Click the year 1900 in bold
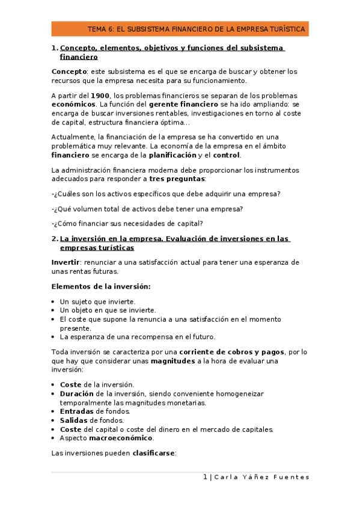tap(100, 96)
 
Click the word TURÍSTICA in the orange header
tap(287, 29)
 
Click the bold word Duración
tap(78, 393)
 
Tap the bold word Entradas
tap(78, 411)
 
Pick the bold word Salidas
tap(74, 420)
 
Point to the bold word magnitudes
tap(172, 361)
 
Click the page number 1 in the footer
tap(205, 477)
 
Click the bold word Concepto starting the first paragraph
tap(70, 72)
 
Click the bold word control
tap(227, 155)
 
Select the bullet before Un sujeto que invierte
tap(54, 302)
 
